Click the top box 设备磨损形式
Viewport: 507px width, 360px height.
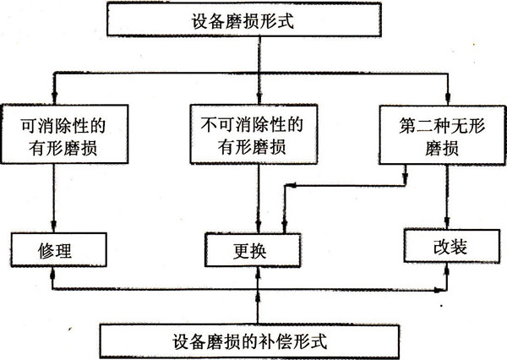tap(253, 18)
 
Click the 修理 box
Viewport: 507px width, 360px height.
tap(52, 248)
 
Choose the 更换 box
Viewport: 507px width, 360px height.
tap(253, 249)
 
